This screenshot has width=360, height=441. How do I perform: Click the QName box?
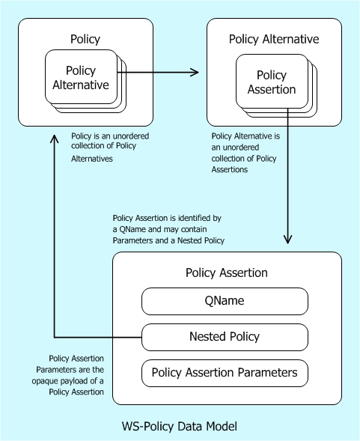[225, 301]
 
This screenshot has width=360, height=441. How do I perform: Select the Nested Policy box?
[225, 336]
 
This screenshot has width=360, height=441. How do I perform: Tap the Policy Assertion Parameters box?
[225, 372]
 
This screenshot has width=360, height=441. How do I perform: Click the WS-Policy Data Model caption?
[180, 427]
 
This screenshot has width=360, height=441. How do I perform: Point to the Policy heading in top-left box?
[85, 39]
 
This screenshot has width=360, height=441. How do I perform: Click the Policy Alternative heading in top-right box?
[274, 39]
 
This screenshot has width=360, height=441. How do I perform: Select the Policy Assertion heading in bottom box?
[226, 273]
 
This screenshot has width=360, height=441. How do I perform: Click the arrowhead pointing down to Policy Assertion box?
[287, 240]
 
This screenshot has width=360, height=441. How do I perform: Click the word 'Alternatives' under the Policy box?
[91, 159]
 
